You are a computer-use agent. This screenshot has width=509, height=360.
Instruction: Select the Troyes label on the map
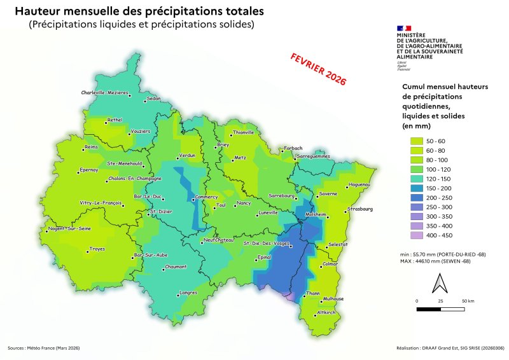(97, 249)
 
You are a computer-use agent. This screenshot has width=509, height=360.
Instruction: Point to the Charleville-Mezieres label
(104, 93)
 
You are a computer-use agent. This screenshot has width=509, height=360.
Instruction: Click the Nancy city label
(244, 203)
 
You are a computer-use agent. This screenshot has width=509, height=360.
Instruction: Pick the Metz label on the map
(240, 157)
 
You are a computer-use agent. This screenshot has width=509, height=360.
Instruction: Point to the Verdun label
(187, 155)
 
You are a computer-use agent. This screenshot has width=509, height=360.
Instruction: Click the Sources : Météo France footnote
(44, 348)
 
